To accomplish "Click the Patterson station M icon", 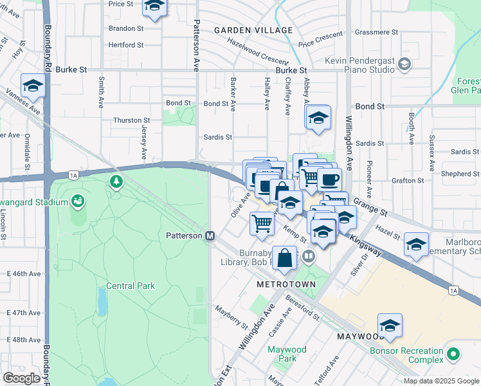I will tap(210, 236).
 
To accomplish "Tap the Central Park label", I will tap(131, 286).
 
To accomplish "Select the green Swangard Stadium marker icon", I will tap(78, 202).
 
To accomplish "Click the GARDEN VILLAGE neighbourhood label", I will tap(253, 30).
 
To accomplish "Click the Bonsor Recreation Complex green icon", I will tap(454, 354).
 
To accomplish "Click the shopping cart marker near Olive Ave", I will tap(262, 223).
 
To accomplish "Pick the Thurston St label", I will tap(131, 120).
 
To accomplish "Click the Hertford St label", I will tap(126, 45).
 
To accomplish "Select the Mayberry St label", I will tap(231, 316).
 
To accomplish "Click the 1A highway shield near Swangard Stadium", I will tap(73, 175).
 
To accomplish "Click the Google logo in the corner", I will tap(21, 378).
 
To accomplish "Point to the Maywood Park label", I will tap(287, 353).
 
